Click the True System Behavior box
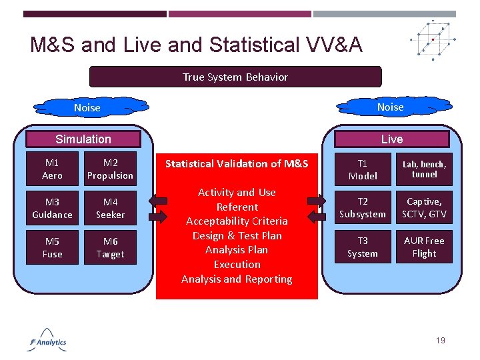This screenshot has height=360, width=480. click(235, 77)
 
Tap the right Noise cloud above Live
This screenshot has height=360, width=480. click(390, 107)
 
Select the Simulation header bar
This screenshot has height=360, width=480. click(83, 139)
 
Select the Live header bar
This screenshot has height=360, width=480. click(391, 139)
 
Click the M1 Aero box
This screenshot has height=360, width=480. click(52, 169)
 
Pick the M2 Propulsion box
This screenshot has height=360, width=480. click(110, 169)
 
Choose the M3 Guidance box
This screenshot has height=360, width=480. click(52, 208)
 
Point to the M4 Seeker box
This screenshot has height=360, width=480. click(110, 208)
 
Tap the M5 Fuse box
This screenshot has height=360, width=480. click(52, 247)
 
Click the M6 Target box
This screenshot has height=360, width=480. click(110, 247)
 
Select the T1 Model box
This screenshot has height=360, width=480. click(363, 169)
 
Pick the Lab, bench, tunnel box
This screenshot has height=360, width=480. click(425, 169)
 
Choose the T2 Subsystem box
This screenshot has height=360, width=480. click(363, 208)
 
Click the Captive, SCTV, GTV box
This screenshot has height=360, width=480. click(425, 208)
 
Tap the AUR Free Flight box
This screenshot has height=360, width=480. click(425, 247)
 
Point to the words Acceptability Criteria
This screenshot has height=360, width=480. click(237, 221)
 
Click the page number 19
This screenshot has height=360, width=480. click(440, 341)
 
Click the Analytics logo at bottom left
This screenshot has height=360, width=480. click(48, 340)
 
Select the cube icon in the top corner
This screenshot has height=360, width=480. click(434, 39)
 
